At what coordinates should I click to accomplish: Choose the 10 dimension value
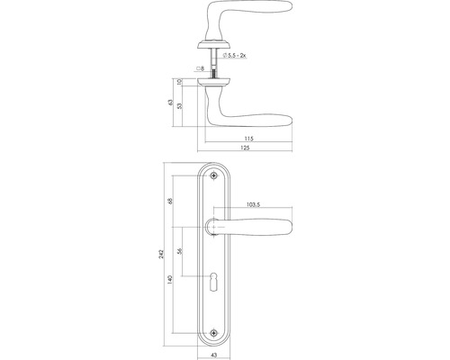pyautogui.click(x=180, y=80)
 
